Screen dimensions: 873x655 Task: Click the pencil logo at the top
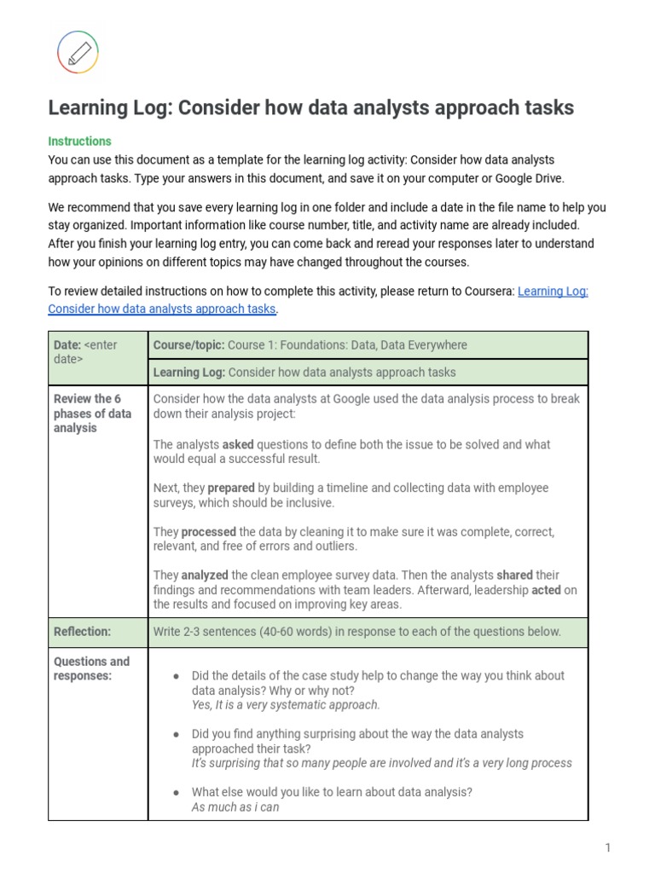78,52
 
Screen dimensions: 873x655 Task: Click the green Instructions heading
79,142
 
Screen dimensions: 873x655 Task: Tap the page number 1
608,847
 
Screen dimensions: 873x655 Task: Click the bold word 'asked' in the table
238,444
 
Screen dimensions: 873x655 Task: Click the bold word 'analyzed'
205,575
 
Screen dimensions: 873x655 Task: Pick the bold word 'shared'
514,575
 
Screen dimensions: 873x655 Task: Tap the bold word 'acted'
546,590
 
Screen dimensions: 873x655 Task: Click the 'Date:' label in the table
67,345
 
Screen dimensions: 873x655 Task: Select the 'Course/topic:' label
188,345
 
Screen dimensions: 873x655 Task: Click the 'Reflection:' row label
82,632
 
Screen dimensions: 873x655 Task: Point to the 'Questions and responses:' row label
91,668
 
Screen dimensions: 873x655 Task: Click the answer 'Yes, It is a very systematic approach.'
286,705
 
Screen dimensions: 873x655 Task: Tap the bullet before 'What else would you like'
176,792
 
